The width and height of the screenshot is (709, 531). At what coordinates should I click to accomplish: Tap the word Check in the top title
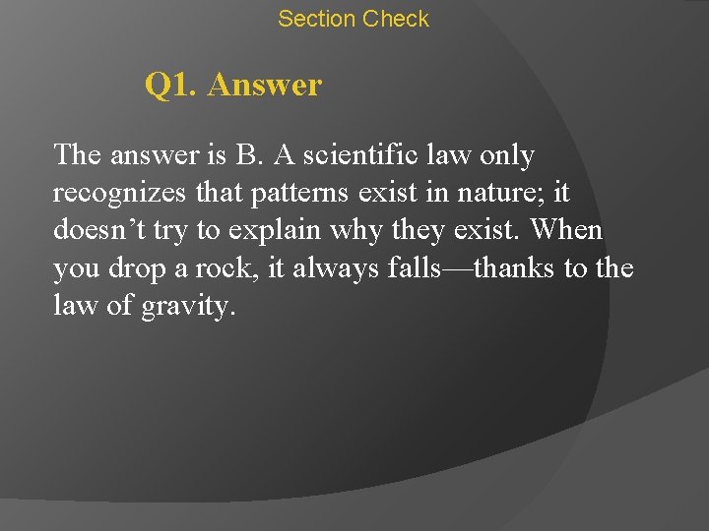pos(396,19)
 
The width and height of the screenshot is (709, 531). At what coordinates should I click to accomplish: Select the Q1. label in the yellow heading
pos(172,86)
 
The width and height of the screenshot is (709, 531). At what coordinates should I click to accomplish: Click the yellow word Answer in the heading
pos(265,86)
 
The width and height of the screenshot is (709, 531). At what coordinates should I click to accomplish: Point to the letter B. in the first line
pos(243,155)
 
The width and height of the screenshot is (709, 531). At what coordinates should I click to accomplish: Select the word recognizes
pos(114,193)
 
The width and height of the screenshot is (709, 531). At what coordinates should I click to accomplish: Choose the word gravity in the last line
pos(188,307)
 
